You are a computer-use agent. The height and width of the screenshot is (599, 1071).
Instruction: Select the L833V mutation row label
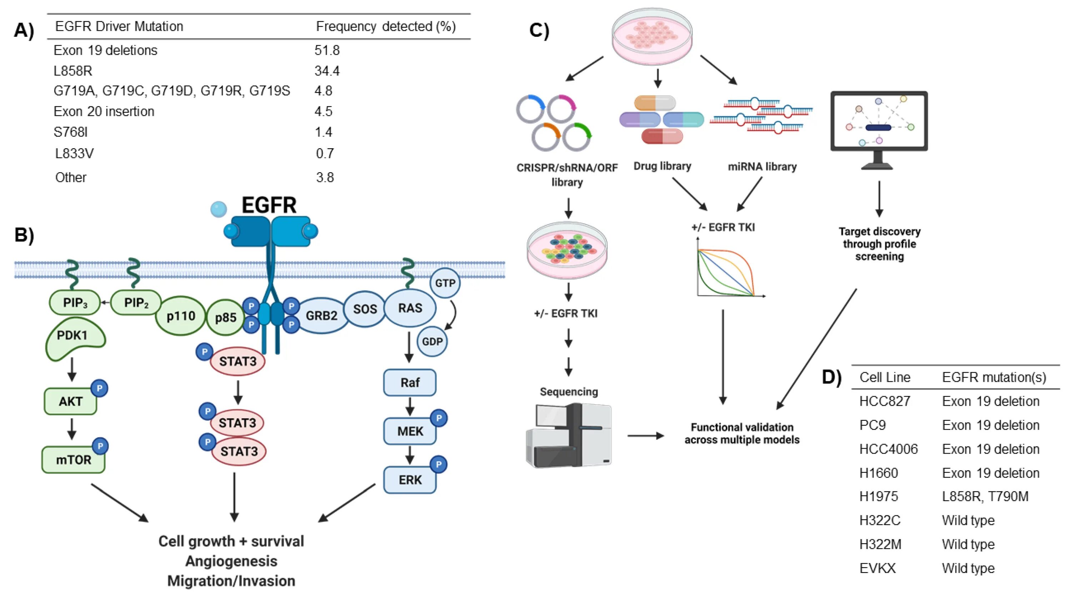pos(74,154)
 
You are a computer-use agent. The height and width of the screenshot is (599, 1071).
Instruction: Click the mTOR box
pos(73,460)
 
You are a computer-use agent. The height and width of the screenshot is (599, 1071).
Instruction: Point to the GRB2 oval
pos(321,316)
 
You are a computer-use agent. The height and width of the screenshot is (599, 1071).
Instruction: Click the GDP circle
pos(432,341)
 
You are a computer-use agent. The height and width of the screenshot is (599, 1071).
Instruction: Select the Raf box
pos(410,383)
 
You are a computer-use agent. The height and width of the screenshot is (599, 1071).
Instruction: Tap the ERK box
pos(410,480)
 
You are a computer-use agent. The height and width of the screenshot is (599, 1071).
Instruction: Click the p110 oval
pos(181,316)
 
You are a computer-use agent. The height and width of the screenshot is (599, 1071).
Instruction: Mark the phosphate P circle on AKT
pos(99,389)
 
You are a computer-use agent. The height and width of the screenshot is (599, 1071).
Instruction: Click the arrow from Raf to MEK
pos(410,406)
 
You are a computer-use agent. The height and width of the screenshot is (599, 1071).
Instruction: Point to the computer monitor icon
pos(879,125)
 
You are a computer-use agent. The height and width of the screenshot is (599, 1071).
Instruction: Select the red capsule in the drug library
pos(662,136)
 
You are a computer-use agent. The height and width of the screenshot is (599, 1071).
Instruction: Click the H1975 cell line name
pos(879,496)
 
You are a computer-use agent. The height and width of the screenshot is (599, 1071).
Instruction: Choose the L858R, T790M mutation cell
pos(985,496)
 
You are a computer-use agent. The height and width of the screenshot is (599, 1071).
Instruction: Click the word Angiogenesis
pos(231,561)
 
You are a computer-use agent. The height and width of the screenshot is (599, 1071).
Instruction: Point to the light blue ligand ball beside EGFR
pos(219,209)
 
